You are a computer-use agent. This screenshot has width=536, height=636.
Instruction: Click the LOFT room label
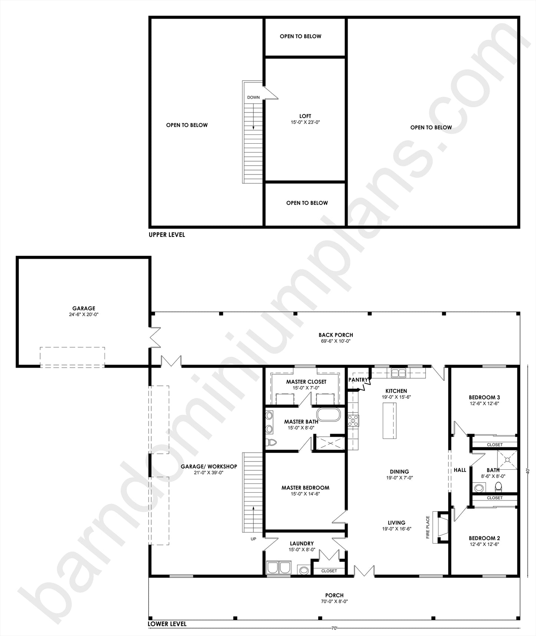(305, 116)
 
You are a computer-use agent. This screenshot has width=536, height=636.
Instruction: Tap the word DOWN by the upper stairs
(253, 98)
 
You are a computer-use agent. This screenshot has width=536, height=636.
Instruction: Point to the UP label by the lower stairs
(253, 539)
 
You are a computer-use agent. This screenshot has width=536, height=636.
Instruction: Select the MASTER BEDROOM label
(305, 488)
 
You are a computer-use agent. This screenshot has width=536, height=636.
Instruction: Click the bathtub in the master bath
(328, 415)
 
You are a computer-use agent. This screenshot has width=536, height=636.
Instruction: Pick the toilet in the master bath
(272, 442)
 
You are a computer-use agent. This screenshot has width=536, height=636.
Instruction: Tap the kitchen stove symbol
(353, 421)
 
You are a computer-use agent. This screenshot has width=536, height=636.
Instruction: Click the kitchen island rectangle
(389, 421)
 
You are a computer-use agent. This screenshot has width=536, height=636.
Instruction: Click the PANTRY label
(358, 380)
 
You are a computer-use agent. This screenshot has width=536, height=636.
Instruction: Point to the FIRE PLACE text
(428, 527)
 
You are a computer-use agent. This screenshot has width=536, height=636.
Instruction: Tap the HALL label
(460, 470)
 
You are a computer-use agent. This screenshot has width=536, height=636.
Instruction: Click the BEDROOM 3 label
(484, 397)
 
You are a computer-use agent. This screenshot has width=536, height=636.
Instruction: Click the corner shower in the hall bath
(507, 460)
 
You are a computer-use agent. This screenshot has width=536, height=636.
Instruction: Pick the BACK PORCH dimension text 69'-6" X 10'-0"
(336, 341)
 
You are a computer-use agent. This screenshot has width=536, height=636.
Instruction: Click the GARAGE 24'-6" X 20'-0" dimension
(84, 314)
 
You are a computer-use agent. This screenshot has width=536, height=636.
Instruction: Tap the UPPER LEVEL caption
(167, 235)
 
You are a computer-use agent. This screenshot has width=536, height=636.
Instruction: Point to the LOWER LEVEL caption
(167, 624)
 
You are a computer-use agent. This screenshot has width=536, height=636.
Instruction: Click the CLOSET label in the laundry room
(329, 571)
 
